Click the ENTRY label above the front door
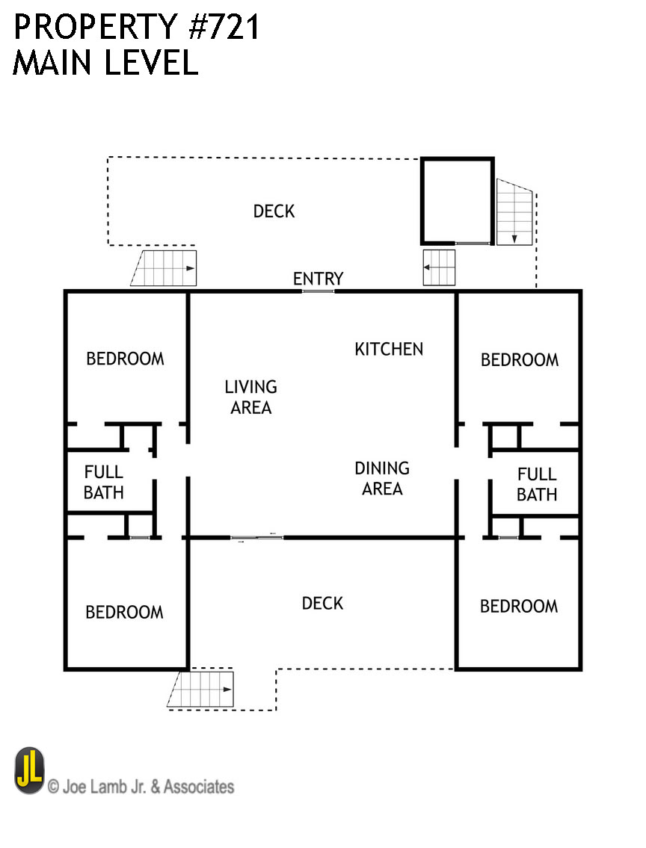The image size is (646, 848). [x=318, y=279]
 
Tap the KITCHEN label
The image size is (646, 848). [x=388, y=349]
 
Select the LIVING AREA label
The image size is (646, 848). [x=250, y=397]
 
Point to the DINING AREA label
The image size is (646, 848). [x=381, y=479]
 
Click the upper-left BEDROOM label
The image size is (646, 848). [x=125, y=359]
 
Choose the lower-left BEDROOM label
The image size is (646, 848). [x=124, y=613]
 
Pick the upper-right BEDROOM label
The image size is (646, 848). [x=519, y=360]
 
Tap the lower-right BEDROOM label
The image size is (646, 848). [x=518, y=606]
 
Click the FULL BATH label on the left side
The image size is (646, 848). [x=103, y=483]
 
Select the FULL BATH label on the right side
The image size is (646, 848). [x=536, y=484]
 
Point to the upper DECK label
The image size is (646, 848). [x=274, y=211]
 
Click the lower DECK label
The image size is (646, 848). [x=322, y=603]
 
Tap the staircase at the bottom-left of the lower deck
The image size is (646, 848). [x=202, y=688]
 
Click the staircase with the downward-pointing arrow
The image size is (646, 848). [x=514, y=213]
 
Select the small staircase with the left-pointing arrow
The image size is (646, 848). [x=439, y=267]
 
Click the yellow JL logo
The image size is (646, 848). [x=29, y=770]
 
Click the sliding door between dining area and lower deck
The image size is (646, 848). [x=256, y=537]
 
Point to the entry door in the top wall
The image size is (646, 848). [x=318, y=291]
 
